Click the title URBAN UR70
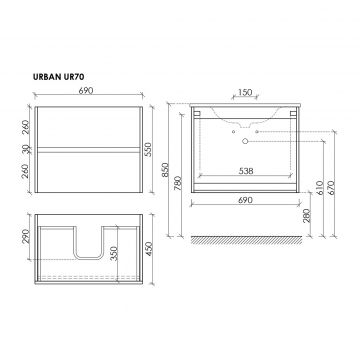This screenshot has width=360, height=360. pyautogui.click(x=58, y=77)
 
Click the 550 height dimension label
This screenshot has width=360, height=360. pyautogui.click(x=148, y=149)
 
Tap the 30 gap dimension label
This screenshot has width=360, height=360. pyautogui.click(x=26, y=149)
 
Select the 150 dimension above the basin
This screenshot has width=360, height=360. pyautogui.click(x=245, y=92)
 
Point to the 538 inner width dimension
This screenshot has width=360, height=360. pyautogui.click(x=246, y=171)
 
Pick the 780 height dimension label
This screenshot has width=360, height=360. pyautogui.click(x=178, y=183)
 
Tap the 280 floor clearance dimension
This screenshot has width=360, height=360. pyautogui.click(x=307, y=216)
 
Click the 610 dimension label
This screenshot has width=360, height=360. pyautogui.click(x=319, y=188)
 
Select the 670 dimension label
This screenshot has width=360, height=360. pyautogui.click(x=331, y=188)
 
